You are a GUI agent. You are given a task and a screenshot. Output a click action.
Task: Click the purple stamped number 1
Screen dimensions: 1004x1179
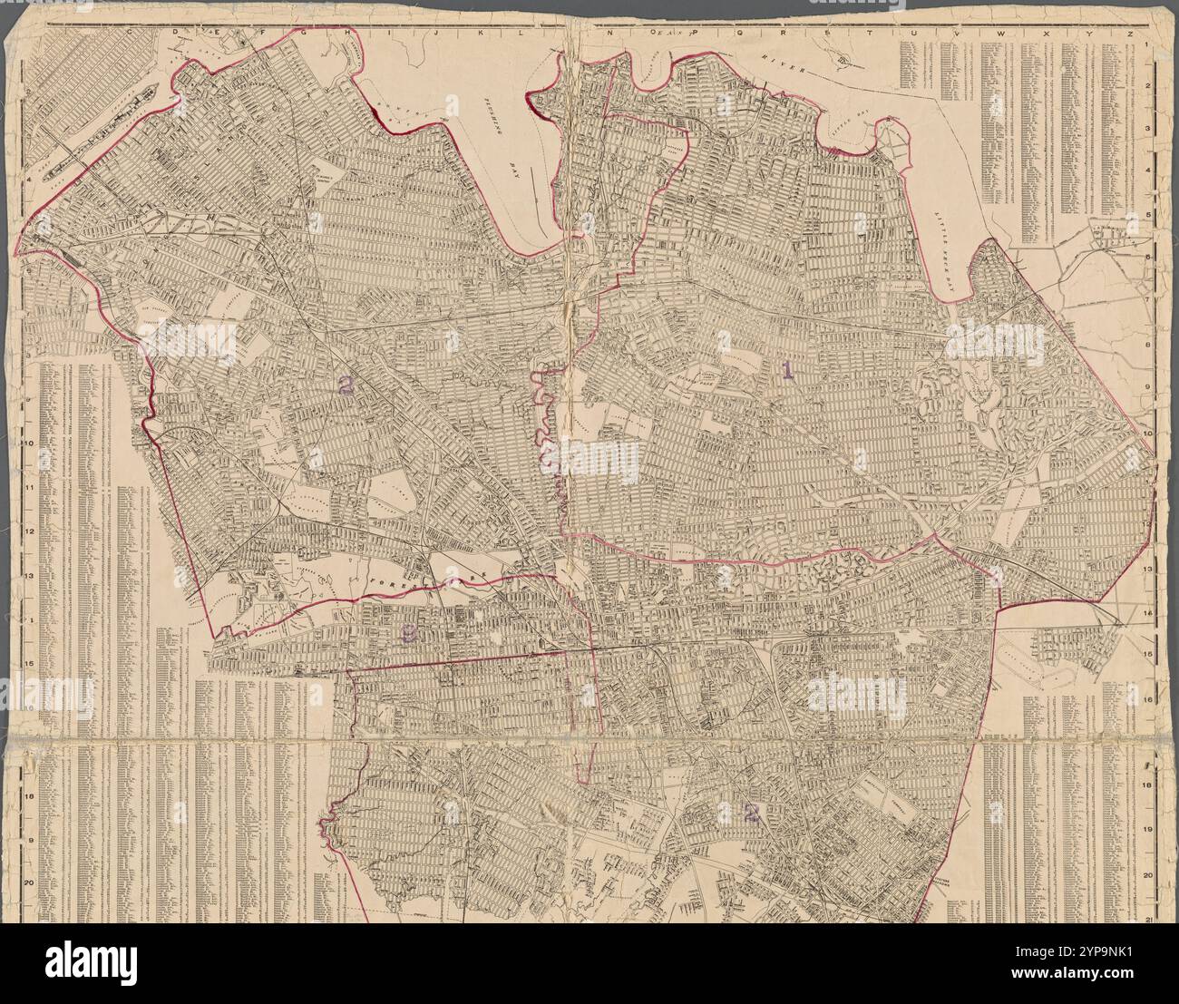pyautogui.click(x=787, y=369)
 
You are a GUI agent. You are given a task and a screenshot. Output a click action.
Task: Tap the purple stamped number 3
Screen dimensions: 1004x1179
pyautogui.click(x=409, y=636)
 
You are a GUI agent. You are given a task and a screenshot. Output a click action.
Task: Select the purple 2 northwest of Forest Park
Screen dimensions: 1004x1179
pyautogui.click(x=345, y=385)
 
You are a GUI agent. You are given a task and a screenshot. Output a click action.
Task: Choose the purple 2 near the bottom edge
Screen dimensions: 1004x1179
pyautogui.click(x=750, y=812)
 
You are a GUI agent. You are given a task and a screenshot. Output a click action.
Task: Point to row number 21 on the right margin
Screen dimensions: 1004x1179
pyautogui.click(x=1149, y=920)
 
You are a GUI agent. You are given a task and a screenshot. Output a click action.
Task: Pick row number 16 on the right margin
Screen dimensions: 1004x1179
pyautogui.click(x=1148, y=699)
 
